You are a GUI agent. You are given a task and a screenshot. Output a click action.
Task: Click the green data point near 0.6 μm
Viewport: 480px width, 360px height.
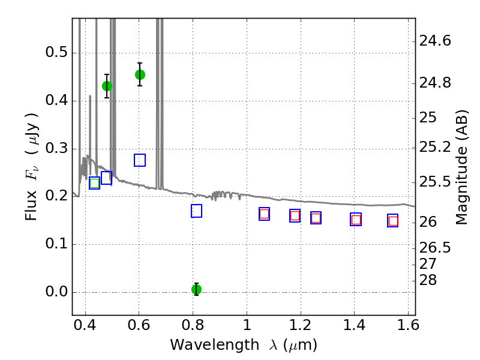coord(140,74)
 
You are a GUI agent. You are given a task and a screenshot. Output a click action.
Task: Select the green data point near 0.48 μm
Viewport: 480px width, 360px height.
coord(107,86)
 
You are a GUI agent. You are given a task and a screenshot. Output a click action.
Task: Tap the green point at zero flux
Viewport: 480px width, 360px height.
coord(196,289)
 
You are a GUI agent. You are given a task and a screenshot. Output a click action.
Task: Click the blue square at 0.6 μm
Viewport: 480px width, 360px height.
coord(140,160)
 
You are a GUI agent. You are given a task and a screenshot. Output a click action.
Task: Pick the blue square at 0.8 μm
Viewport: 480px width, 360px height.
coord(196,211)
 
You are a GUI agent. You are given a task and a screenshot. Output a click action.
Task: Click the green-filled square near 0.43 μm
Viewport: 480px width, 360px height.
coord(94,183)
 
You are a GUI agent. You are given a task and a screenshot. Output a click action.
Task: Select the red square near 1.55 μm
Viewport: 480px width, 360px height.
coord(393,221)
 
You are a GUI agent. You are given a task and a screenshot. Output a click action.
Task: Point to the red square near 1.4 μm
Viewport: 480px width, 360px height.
coord(356,220)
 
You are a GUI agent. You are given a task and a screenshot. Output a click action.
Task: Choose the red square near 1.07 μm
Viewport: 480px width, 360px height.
coord(264,214)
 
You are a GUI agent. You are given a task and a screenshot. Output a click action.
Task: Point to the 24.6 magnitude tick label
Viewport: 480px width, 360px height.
coord(435,41)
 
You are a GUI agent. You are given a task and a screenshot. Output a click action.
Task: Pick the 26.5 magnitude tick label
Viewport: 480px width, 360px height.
coord(435,247)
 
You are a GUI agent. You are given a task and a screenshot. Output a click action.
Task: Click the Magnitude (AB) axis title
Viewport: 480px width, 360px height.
coord(462,167)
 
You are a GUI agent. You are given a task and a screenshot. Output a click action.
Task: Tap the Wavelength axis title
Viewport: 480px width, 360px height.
coord(243,345)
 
